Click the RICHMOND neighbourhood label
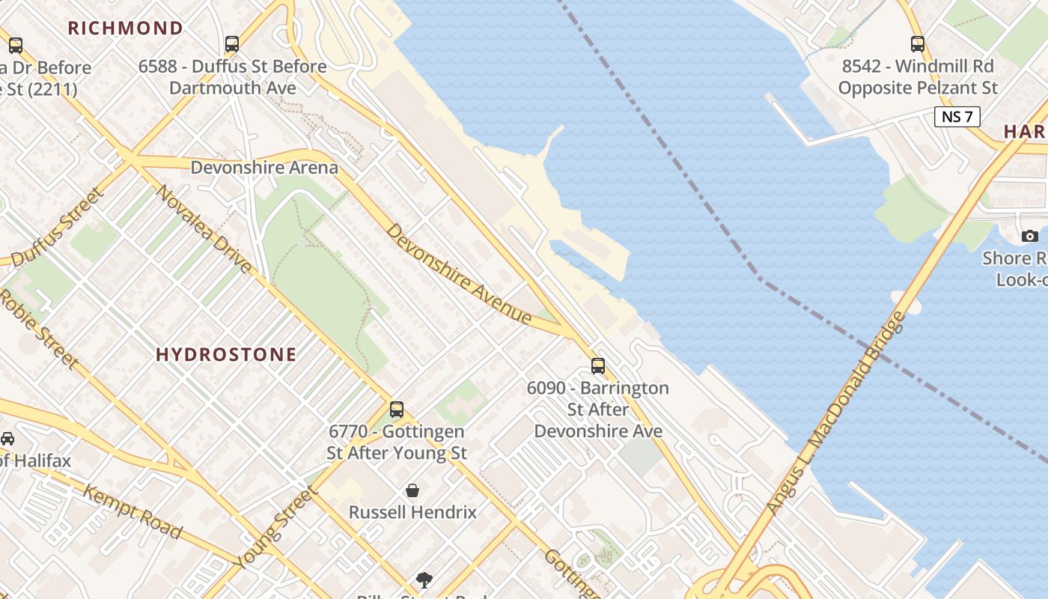126,28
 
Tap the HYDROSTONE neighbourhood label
226,354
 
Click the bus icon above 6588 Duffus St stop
232,44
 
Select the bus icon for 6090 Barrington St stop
597,365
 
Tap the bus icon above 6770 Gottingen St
397,410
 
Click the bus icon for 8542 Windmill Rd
918,44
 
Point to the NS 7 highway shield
957,116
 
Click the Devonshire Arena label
264,167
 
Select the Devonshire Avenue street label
459,274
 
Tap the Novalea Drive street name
204,229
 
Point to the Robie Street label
37,329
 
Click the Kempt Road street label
132,512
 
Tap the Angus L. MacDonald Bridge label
836,413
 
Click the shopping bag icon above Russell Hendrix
412,490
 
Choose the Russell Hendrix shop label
412,512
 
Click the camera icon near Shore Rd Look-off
1030,236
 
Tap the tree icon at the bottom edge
424,580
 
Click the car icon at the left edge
7,439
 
